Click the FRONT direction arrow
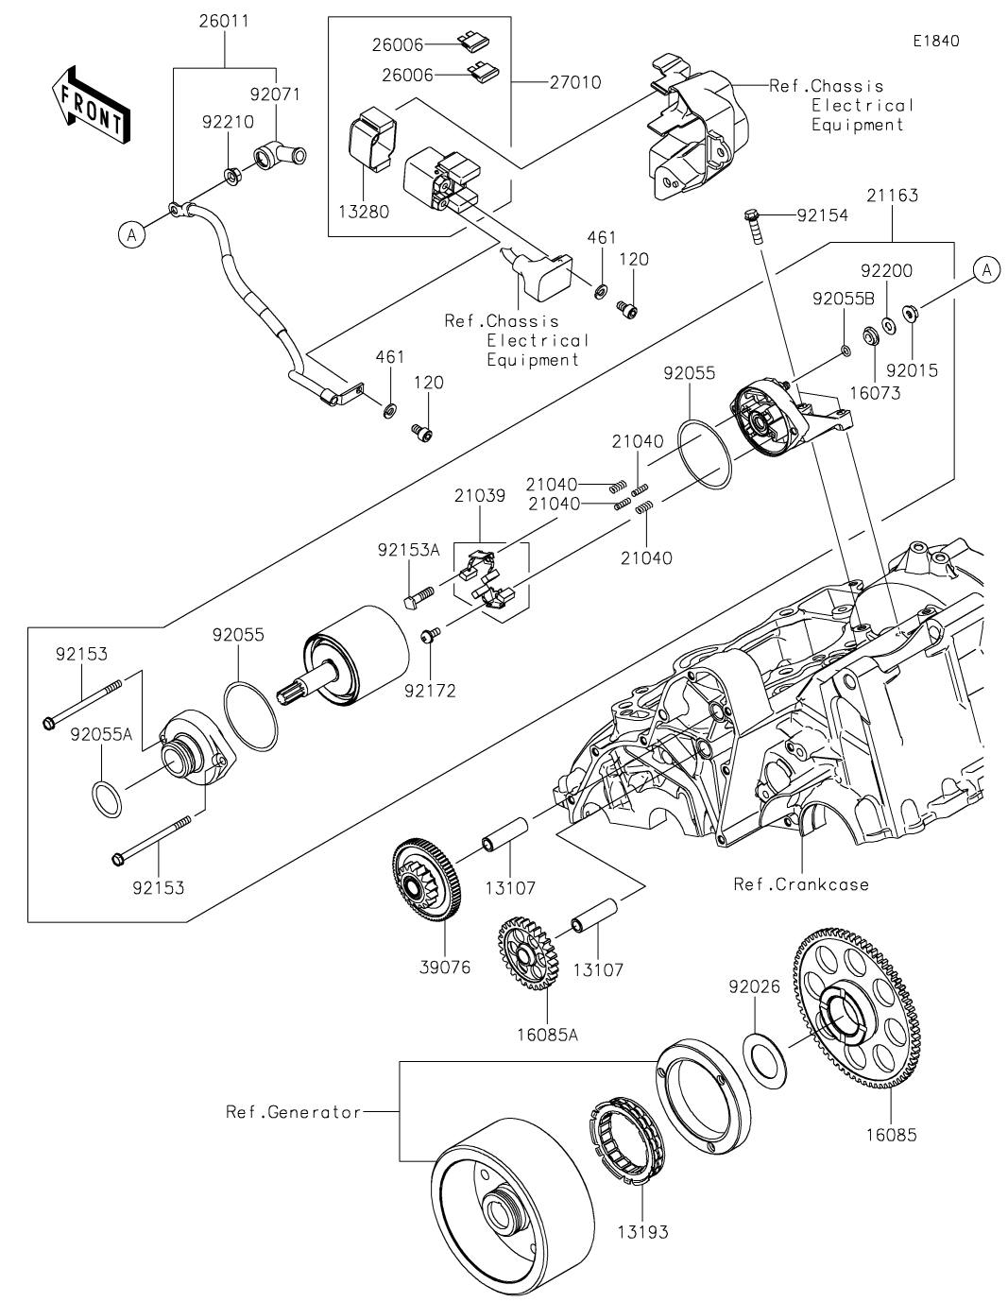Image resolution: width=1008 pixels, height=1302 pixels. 91,104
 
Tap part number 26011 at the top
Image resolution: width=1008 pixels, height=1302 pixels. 224,21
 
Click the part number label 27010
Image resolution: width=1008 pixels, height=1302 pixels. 575,83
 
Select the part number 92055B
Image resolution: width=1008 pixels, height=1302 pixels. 843,300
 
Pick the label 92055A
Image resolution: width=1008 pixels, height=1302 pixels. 100,733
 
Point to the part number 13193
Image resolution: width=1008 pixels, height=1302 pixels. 642,1232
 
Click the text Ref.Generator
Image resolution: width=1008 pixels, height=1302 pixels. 293,1112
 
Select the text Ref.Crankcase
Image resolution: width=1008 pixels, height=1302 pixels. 801,884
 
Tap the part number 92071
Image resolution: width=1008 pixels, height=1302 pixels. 274,94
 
